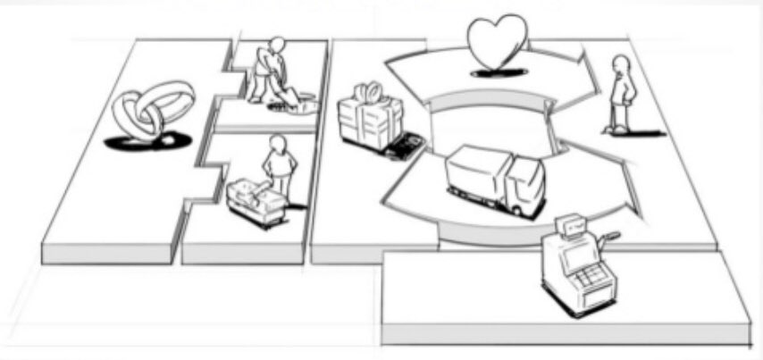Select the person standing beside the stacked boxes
tap(280, 166)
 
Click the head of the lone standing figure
tap(620, 64)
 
